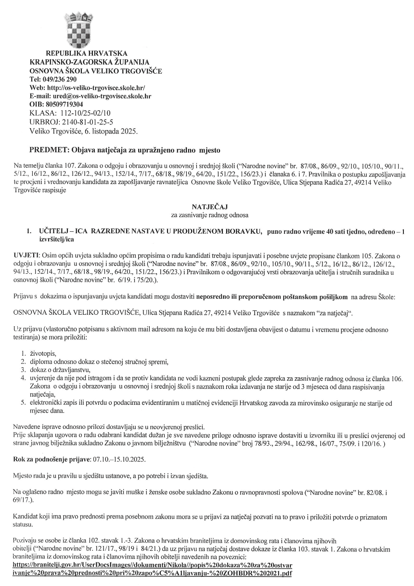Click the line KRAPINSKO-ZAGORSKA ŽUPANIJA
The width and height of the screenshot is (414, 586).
tap(90, 63)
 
